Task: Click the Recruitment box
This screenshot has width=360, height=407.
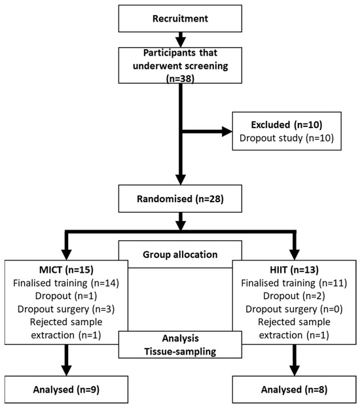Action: coord(180,18)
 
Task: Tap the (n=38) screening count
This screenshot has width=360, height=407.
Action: coord(180,79)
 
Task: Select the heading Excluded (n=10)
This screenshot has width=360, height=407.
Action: coord(287,125)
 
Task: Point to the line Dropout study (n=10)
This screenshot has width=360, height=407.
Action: coord(287,138)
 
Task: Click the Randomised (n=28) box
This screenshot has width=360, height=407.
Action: coord(180,198)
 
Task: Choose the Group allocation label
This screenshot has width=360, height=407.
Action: coord(180,255)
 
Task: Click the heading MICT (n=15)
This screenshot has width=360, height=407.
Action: coord(66,270)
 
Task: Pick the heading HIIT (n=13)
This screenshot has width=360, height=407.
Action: coord(294,270)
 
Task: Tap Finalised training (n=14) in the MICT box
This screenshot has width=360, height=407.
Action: coord(66,283)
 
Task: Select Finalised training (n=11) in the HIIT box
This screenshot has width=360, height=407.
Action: coord(294,283)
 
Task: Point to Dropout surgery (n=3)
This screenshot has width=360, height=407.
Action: coord(66,309)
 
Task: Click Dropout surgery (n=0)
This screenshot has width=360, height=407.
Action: coord(294,309)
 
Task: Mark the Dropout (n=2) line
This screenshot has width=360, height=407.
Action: coord(294,296)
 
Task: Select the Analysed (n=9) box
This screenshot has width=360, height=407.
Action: coord(66,389)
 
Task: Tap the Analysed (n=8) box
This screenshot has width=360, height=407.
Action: coord(294,389)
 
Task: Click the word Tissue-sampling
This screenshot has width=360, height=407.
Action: coord(180,351)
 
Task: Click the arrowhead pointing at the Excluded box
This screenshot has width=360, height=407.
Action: coord(227,132)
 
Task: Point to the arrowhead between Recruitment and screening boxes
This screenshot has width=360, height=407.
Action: coord(181,43)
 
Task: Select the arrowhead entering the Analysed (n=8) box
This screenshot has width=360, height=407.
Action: coord(295,370)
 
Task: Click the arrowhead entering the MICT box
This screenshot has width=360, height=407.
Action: coord(67,255)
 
